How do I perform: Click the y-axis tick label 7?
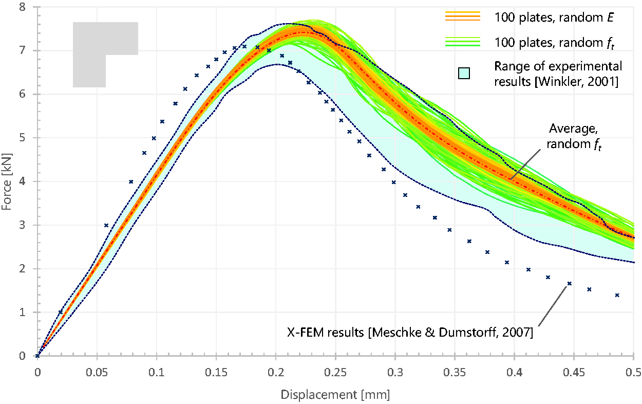pyautogui.click(x=22, y=51)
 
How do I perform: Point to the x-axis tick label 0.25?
pyautogui.click(x=335, y=372)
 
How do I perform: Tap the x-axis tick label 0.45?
pyautogui.click(x=574, y=372)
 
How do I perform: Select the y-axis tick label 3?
pyautogui.click(x=22, y=225)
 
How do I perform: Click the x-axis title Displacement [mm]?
pyautogui.click(x=335, y=395)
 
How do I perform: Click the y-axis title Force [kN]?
pyautogui.click(x=7, y=182)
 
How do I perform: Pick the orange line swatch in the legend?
pyautogui.click(x=463, y=16)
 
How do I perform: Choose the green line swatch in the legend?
pyautogui.click(x=463, y=42)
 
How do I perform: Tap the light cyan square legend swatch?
pyautogui.click(x=464, y=73)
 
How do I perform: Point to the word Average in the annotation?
pyautogui.click(x=574, y=128)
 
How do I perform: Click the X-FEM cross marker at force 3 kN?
pyautogui.click(x=106, y=225)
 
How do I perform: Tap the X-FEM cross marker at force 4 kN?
pyautogui.click(x=131, y=181)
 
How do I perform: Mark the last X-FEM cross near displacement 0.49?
pyautogui.click(x=617, y=295)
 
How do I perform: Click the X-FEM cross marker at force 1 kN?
pyautogui.click(x=61, y=312)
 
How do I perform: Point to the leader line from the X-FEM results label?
pyautogui.click(x=553, y=306)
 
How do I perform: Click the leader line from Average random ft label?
pyautogui.click(x=525, y=164)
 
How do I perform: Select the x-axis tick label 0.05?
pyautogui.click(x=97, y=372)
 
